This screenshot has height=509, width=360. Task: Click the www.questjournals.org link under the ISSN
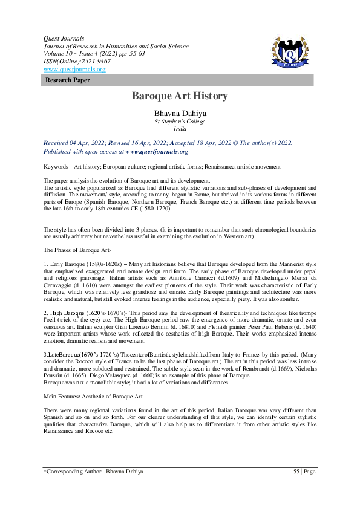(74, 70)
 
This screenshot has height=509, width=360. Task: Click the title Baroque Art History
(180, 96)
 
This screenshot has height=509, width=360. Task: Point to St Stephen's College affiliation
(180, 121)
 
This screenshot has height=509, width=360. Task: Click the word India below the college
(180, 129)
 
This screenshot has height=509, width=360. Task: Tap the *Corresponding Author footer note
(90, 472)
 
